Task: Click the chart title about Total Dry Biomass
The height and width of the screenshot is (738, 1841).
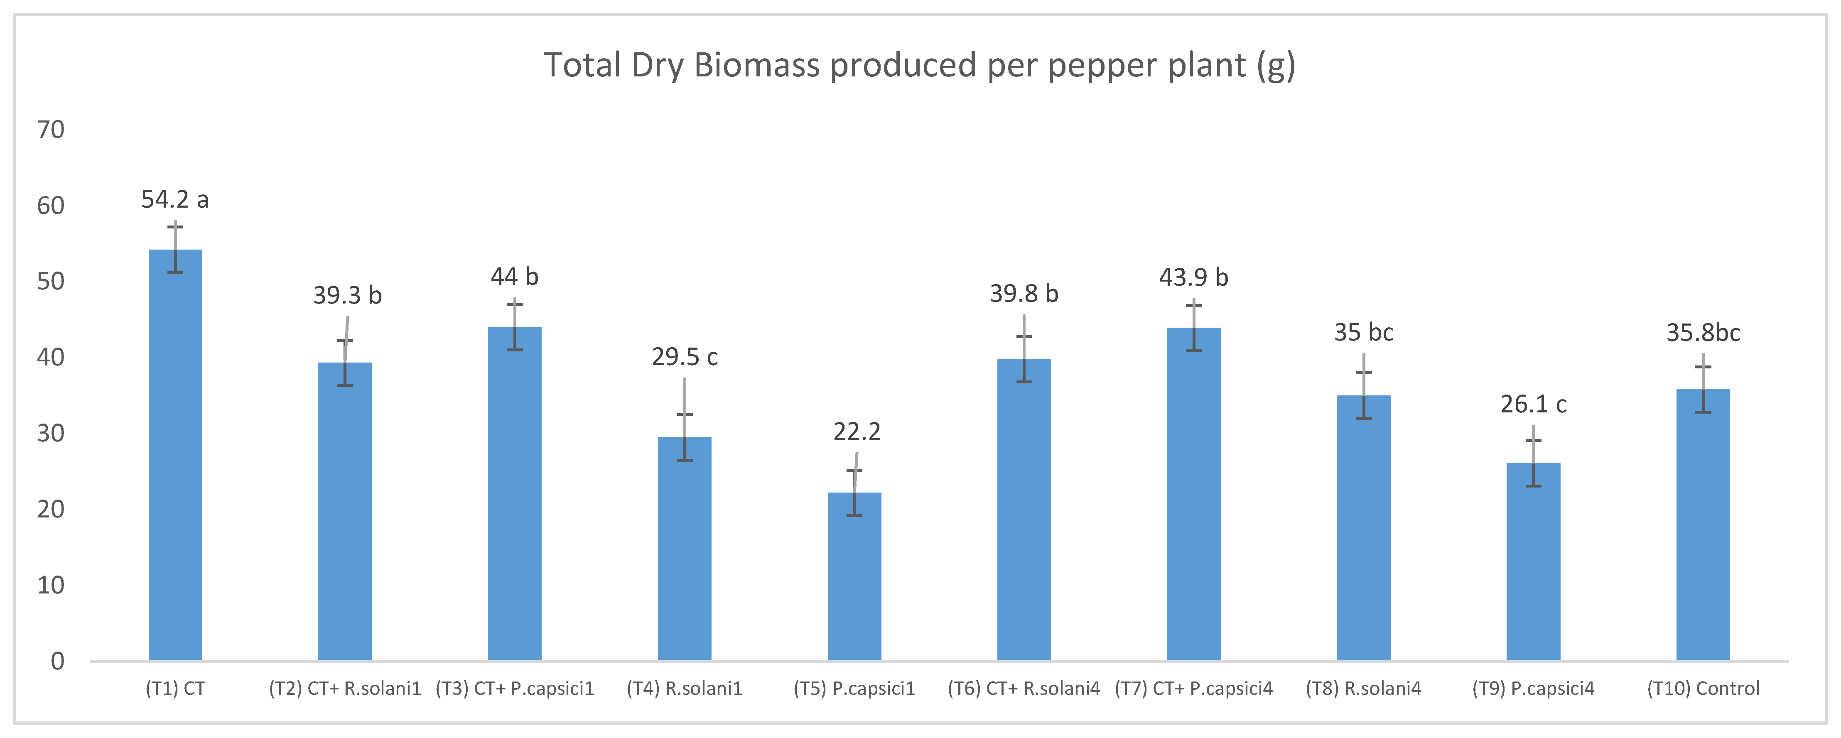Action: point(919,66)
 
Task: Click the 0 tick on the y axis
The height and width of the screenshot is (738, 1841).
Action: point(57,661)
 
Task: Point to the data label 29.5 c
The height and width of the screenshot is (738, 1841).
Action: point(685,356)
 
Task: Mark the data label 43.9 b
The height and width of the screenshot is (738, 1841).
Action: point(1193,277)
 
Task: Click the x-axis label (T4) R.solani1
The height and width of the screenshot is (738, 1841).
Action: point(685,689)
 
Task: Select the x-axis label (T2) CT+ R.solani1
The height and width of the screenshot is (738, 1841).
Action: point(345,689)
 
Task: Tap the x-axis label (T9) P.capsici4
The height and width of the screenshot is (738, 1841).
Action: point(1533,689)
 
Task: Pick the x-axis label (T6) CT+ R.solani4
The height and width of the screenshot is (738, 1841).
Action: point(1024,689)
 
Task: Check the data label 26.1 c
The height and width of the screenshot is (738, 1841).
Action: point(1533,405)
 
